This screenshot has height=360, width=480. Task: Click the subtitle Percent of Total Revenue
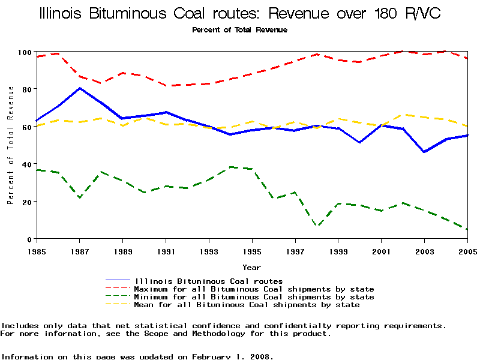[239, 30]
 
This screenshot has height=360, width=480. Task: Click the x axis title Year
[252, 267]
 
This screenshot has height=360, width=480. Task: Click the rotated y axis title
[11, 145]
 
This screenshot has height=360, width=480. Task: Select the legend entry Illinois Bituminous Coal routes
[209, 281]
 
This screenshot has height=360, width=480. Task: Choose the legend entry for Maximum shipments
[254, 289]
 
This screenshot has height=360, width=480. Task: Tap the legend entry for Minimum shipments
[254, 297]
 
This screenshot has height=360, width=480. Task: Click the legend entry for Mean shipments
[247, 305]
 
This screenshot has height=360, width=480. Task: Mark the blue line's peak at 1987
[80, 88]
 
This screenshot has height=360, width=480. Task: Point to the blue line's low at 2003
[425, 152]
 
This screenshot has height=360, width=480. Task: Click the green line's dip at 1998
[317, 226]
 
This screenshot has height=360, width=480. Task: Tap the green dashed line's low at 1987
[80, 197]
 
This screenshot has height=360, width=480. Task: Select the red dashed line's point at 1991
[166, 86]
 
